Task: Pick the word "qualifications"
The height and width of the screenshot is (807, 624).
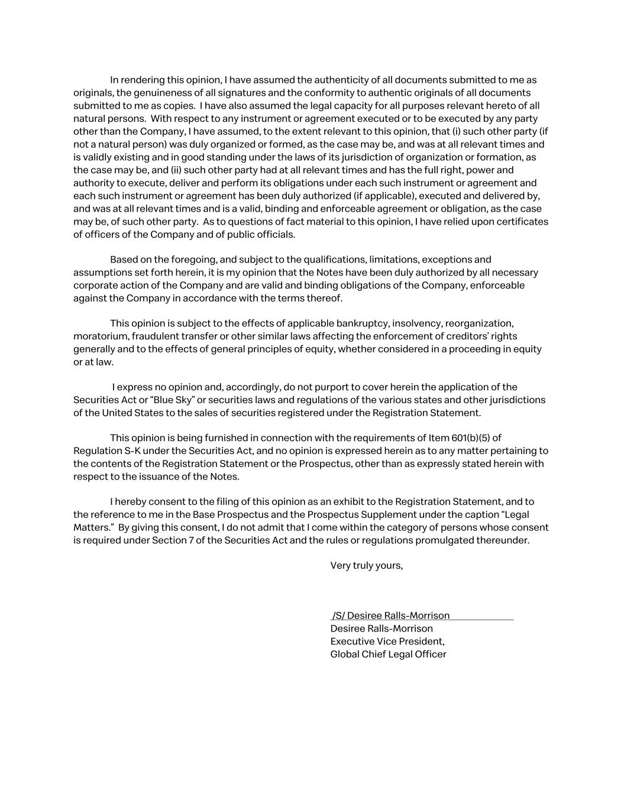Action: point(334,260)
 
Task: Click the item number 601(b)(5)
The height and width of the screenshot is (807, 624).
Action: point(476,438)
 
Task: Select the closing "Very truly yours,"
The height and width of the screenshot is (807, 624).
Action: point(366,566)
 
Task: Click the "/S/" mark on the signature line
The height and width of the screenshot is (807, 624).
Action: point(338,615)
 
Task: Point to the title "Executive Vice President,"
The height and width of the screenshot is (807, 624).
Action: point(387,641)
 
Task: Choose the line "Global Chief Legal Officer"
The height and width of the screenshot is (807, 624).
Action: point(388,654)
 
